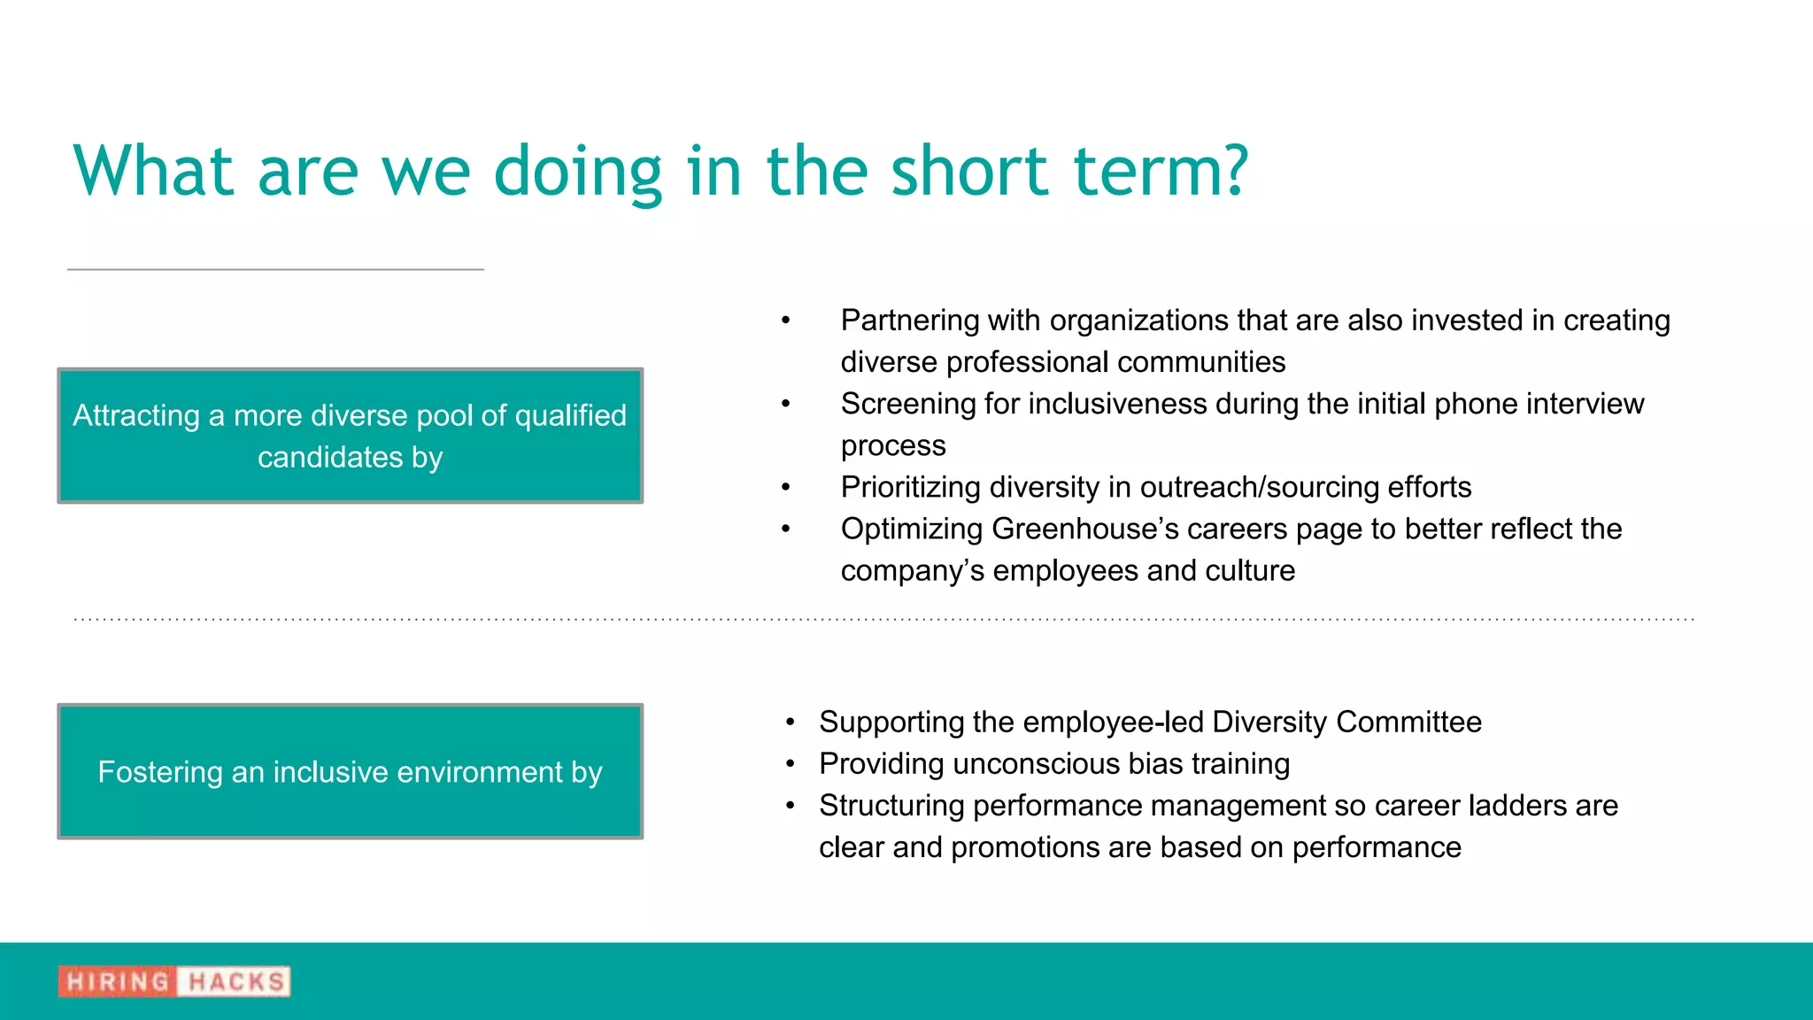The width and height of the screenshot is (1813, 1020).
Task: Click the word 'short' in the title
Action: pyautogui.click(x=969, y=170)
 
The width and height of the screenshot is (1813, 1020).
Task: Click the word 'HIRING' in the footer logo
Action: pyautogui.click(x=117, y=982)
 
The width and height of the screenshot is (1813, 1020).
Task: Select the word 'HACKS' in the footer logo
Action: pyautogui.click(x=235, y=982)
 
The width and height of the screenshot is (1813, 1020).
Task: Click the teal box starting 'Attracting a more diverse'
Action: pyautogui.click(x=350, y=436)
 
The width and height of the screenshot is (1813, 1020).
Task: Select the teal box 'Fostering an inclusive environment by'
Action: pyautogui.click(x=350, y=771)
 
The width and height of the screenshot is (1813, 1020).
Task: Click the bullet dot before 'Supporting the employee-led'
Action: pyautogui.click(x=791, y=722)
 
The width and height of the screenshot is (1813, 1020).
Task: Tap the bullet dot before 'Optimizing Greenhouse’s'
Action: pyautogui.click(x=785, y=529)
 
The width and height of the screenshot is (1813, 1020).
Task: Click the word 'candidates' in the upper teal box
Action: pyautogui.click(x=329, y=458)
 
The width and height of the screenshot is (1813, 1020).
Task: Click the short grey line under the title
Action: pyautogui.click(x=275, y=269)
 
